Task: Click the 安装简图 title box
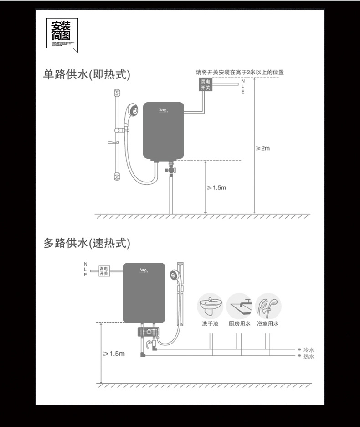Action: click(62, 34)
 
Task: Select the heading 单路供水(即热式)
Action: click(87, 74)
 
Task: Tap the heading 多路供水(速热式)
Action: click(87, 243)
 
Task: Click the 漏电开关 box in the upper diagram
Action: click(206, 84)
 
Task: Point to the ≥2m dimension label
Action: click(263, 148)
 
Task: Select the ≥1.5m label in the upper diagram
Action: click(217, 187)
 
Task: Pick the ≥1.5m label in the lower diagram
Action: click(114, 354)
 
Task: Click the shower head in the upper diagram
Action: click(133, 110)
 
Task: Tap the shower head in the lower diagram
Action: click(174, 275)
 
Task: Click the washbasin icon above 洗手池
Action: click(210, 306)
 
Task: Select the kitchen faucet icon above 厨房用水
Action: click(239, 306)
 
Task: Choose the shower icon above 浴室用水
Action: click(268, 306)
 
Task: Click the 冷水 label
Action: click(309, 350)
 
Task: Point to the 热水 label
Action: click(309, 356)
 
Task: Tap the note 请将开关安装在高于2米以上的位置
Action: click(240, 72)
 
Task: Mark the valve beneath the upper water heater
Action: click(170, 170)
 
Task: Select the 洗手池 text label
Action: click(210, 324)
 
